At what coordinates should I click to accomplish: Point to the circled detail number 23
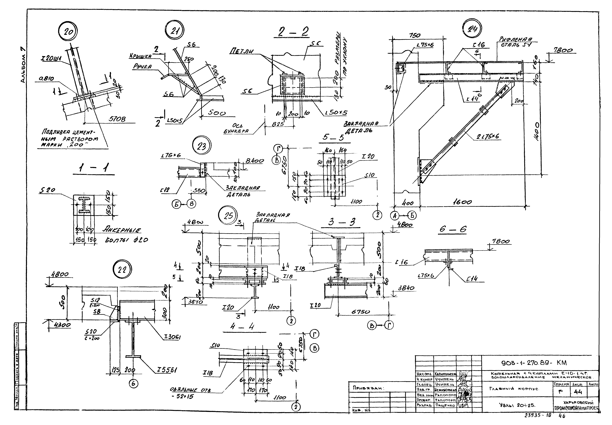click(201, 146)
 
